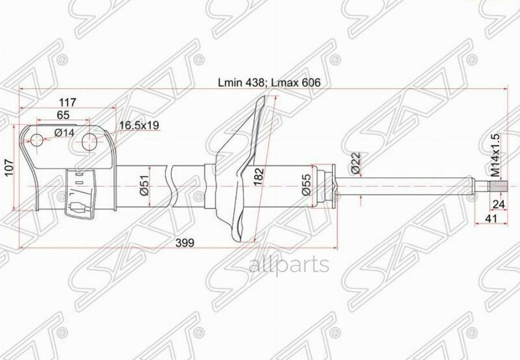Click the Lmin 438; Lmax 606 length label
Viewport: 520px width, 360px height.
[269, 83]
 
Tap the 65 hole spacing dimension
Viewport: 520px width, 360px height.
[64, 115]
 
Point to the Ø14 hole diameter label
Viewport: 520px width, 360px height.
[64, 133]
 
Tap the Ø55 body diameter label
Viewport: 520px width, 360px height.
[307, 185]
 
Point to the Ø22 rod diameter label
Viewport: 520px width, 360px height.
[356, 164]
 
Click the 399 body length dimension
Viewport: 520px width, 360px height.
[186, 243]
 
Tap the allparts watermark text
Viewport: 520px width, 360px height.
[289, 265]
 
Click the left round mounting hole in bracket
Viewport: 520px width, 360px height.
[36, 140]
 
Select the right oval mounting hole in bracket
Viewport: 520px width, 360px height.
[89, 141]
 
